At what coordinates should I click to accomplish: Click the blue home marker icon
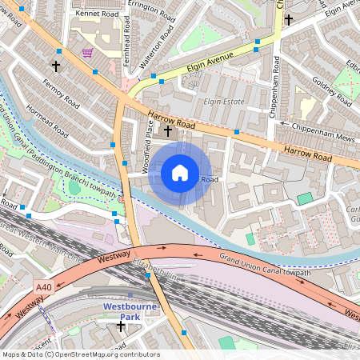(x=180, y=172)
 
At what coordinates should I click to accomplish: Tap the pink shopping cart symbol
(x=86, y=53)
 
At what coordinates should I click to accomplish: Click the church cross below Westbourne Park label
(x=121, y=326)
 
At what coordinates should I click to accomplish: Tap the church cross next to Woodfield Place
(x=167, y=130)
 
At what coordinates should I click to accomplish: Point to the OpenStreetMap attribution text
(x=80, y=354)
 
